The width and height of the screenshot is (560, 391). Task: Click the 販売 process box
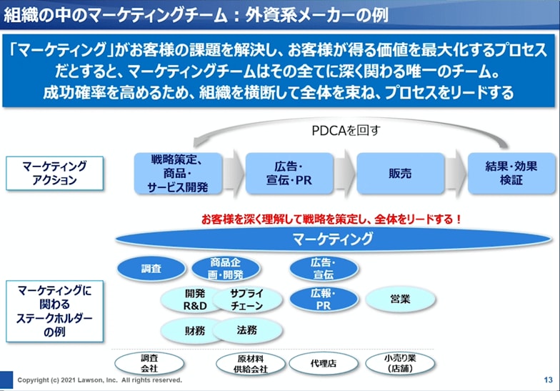[390, 173]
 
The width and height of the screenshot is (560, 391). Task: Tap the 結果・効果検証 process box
[501, 173]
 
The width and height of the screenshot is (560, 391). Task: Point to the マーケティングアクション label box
[54, 173]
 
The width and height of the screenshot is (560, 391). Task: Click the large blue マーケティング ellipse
[333, 239]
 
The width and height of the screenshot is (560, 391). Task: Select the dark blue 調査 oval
[151, 269]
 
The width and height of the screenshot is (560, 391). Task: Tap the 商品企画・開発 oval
[226, 269]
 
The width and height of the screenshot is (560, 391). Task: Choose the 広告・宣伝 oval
[323, 269]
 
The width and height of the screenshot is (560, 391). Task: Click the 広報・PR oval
[323, 300]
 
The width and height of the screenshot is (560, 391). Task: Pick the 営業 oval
[400, 300]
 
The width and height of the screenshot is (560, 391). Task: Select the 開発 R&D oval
[194, 300]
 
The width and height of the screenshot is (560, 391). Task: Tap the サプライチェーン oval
[247, 300]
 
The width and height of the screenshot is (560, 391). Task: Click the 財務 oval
[194, 330]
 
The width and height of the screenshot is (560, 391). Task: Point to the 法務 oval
[246, 330]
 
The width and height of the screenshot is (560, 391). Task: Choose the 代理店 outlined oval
[323, 363]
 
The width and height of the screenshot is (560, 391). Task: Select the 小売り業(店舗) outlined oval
[400, 363]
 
